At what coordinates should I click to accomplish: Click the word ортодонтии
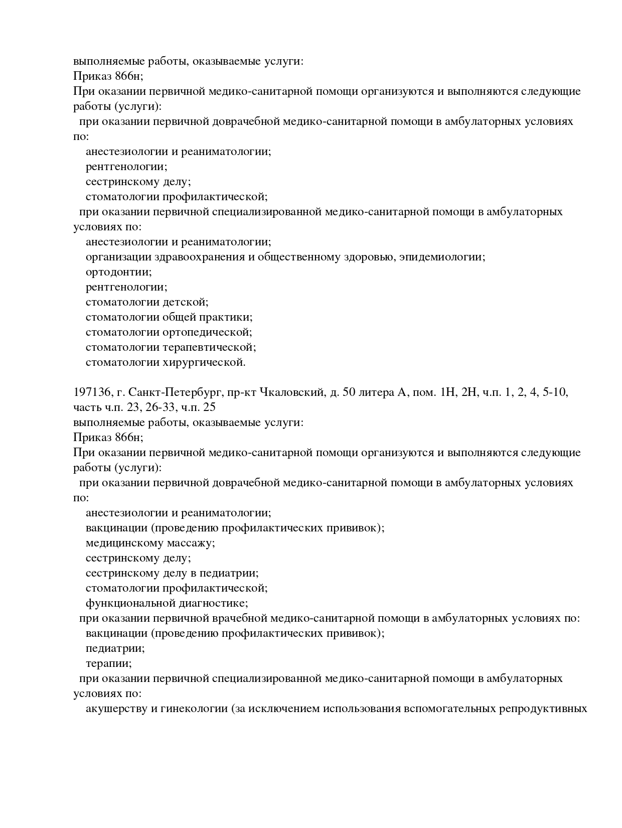pyautogui.click(x=118, y=272)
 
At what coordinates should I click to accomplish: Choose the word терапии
pyautogui.click(x=108, y=663)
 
